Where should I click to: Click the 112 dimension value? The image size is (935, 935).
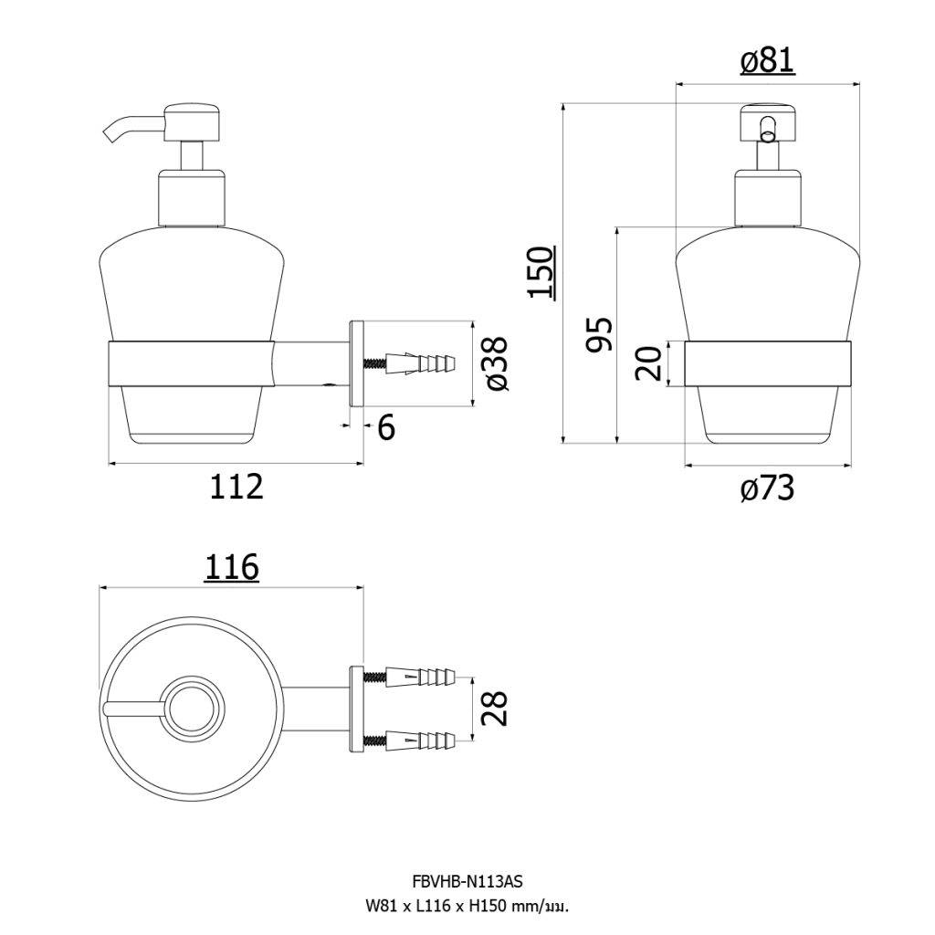236,487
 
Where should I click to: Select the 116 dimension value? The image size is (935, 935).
231,568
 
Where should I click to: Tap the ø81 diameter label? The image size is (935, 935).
767,61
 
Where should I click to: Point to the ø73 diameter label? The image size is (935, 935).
767,490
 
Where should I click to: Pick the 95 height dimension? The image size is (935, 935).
599,336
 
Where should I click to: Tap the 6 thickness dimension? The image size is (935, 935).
386,426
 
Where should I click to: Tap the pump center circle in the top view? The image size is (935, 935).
191,707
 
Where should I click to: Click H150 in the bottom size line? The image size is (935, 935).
489,907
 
